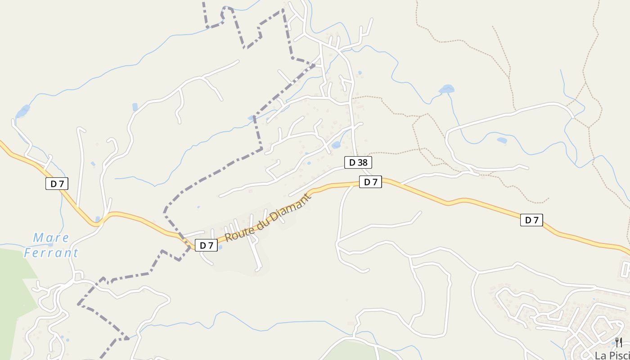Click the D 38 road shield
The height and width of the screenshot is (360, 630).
[x=358, y=162]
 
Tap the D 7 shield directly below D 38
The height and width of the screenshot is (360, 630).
[x=370, y=182]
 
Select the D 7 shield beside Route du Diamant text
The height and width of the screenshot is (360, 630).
[x=206, y=245]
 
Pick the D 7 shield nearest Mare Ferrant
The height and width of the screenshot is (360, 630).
[x=57, y=184]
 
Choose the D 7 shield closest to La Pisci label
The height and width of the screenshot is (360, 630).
[x=531, y=220]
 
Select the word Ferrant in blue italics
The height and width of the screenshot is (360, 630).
[x=51, y=252]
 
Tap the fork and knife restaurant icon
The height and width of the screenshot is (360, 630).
[x=619, y=342]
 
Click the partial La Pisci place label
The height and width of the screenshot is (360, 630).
[x=612, y=355]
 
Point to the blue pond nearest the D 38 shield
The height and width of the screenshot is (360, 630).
[x=336, y=145]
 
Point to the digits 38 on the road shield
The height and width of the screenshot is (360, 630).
[x=362, y=162]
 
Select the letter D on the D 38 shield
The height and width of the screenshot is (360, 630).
[x=352, y=162]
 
